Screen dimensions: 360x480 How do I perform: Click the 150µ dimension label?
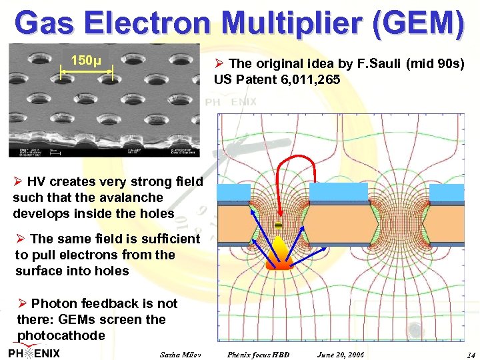(x=86, y=61)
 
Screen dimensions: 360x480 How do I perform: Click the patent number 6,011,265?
(x=308, y=80)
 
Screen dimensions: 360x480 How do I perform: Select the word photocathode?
(x=61, y=335)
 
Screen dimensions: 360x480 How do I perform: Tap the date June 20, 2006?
(x=341, y=353)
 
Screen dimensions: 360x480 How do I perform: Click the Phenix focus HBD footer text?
(x=259, y=353)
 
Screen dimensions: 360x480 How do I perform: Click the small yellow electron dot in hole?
(x=278, y=225)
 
